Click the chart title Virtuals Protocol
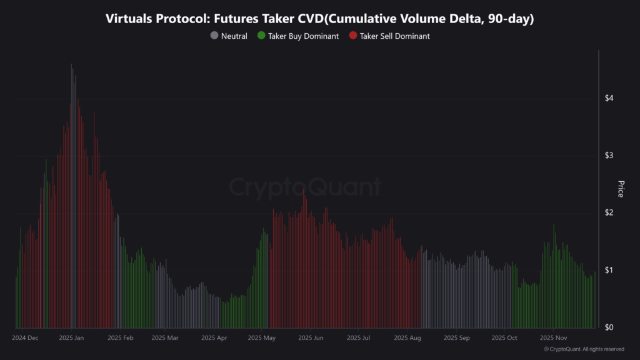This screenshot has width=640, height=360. [320, 19]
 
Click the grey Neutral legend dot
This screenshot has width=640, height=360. [214, 36]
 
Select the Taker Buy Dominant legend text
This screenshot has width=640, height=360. [303, 36]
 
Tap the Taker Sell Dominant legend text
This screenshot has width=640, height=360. [394, 36]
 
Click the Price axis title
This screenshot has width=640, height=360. [621, 189]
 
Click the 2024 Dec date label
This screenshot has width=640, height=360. [26, 337]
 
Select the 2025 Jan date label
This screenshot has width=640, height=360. [71, 337]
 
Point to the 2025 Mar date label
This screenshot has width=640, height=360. [165, 337]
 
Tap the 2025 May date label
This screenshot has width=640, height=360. [262, 337]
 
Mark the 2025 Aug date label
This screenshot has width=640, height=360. [407, 337]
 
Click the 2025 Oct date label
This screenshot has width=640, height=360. [504, 337]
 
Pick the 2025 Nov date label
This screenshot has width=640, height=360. [553, 337]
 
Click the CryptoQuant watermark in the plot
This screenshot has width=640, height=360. [304, 187]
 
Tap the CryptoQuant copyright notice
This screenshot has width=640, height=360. [584, 349]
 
